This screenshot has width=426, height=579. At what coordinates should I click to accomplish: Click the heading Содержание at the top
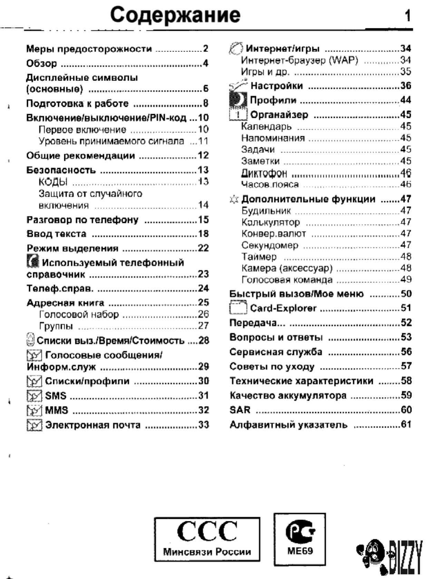(175, 15)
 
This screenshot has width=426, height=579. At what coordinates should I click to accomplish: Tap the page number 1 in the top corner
(407, 16)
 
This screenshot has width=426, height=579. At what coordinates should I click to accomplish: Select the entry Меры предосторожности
(89, 49)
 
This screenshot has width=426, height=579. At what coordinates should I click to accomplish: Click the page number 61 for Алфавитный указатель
(406, 424)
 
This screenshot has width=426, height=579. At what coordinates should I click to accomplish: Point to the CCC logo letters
(207, 531)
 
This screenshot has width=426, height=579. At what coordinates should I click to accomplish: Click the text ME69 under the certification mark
(300, 551)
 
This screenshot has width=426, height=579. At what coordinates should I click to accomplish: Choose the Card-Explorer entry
(283, 308)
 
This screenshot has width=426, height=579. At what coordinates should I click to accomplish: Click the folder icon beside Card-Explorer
(238, 307)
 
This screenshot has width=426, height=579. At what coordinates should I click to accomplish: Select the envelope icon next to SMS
(34, 396)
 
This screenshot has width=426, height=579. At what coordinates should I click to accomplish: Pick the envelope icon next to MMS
(34, 410)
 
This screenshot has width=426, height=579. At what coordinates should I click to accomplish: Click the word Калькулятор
(270, 222)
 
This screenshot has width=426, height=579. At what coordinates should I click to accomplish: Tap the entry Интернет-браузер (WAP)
(299, 60)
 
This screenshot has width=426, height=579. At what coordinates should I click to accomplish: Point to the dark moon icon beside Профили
(238, 100)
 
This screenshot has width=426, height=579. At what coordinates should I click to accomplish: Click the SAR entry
(240, 410)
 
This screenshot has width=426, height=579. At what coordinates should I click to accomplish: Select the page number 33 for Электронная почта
(203, 425)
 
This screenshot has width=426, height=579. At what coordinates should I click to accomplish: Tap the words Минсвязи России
(207, 551)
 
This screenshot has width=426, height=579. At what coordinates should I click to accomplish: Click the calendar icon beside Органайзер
(238, 114)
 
